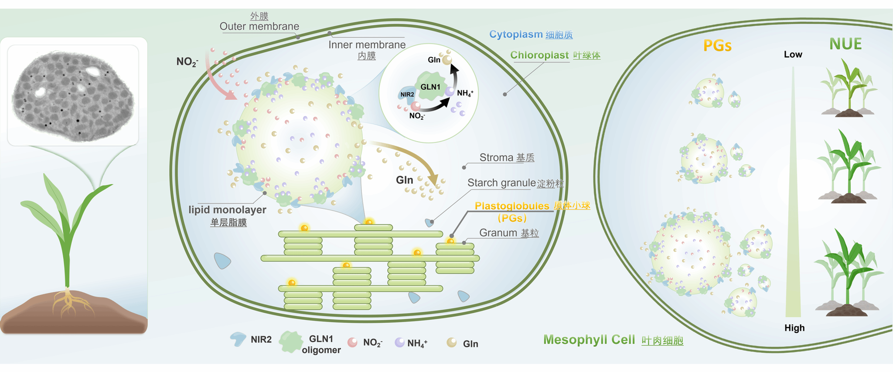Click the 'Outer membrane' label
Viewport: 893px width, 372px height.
coord(259,26)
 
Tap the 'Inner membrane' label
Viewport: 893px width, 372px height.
coord(367,44)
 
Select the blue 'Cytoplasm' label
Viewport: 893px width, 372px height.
coord(516,34)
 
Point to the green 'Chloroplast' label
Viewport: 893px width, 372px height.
coord(539,55)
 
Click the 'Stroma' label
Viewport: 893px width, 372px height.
coord(496,157)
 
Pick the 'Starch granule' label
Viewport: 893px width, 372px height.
coord(501,183)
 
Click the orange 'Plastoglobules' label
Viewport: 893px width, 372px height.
coord(511,206)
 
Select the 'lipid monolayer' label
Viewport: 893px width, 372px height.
coord(227,210)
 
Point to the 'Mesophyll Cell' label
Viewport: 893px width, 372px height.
coord(589,340)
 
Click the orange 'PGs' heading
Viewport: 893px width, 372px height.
coord(717,46)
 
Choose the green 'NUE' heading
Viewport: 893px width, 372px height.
coord(845,44)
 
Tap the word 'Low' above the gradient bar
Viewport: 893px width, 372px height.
coord(793,54)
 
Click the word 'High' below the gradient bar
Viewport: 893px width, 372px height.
coord(794,328)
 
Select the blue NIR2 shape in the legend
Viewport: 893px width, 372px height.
coord(238,339)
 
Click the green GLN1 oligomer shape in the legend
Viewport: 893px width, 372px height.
coord(290,342)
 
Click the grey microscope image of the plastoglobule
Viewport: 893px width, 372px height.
coord(73,95)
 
